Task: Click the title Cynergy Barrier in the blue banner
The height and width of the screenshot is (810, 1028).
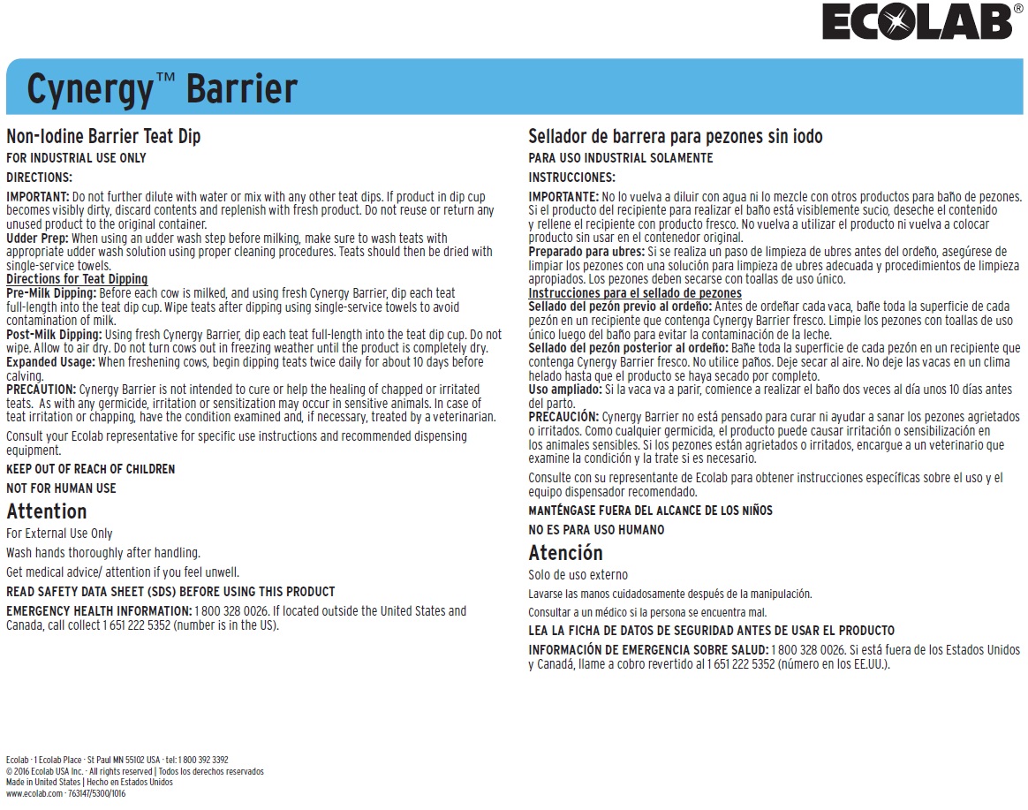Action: click(162, 88)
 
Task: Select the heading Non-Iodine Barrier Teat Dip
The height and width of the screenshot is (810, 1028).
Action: click(103, 137)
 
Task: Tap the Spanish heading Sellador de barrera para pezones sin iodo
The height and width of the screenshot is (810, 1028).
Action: click(675, 137)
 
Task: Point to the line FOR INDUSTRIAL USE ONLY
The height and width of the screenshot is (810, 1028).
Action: click(76, 158)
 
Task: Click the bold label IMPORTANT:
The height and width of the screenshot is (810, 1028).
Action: click(38, 196)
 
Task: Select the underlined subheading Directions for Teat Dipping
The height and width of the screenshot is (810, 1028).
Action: click(77, 279)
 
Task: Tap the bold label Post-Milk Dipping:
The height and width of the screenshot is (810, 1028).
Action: click(54, 335)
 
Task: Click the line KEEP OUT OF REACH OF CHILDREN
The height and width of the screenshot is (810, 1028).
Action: click(90, 469)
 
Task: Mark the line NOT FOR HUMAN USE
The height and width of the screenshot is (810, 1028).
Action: click(61, 488)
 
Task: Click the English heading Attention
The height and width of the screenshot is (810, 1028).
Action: click(46, 511)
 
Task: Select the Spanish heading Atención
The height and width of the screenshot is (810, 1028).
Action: click(565, 553)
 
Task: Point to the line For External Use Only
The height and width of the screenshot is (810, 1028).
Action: click(59, 534)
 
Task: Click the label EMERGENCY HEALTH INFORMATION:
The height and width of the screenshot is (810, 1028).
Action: click(98, 611)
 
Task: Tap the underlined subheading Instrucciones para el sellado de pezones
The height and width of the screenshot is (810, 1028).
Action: click(634, 293)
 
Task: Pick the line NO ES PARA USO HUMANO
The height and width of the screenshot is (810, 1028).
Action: click(596, 530)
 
